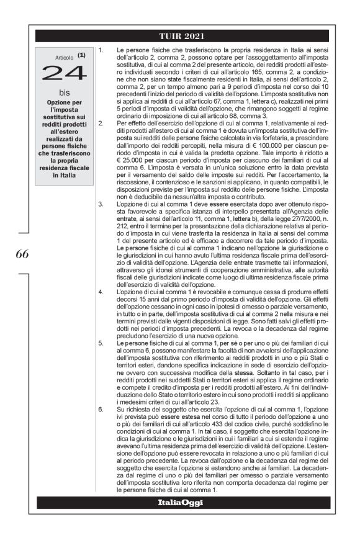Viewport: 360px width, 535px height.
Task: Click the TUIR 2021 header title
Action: (x=180, y=35)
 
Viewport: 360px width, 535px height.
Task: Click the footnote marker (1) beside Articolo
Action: (x=81, y=55)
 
